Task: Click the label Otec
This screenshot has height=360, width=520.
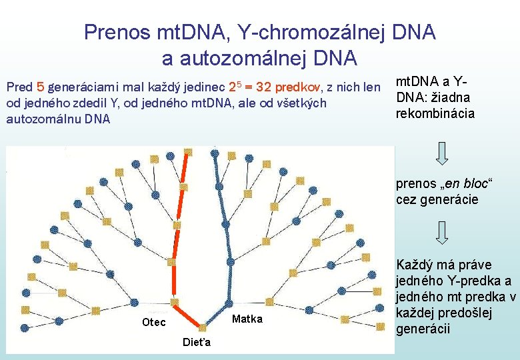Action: [155, 323]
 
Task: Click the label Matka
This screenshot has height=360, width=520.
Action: [247, 319]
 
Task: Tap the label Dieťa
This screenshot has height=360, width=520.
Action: [197, 343]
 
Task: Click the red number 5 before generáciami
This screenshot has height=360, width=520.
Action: [41, 87]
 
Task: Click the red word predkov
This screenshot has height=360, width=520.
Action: [297, 87]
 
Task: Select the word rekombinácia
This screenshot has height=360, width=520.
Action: [435, 113]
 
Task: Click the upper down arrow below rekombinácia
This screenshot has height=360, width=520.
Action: [441, 151]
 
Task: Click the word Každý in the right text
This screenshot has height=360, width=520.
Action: [414, 265]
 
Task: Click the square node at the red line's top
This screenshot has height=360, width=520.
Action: [188, 151]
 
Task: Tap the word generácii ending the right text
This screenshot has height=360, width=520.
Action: [423, 329]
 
